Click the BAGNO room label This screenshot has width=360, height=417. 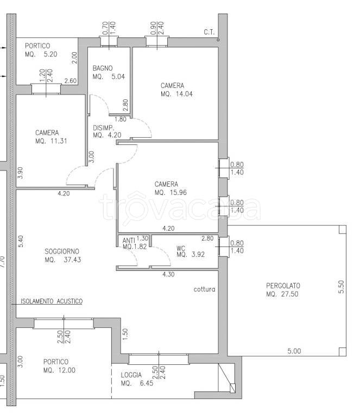pos(103,68)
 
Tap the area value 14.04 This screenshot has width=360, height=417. pos(184,94)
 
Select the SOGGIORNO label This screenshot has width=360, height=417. pos(62,251)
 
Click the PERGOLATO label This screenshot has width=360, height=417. pos(283,286)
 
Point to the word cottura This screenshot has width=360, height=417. pos(204,289)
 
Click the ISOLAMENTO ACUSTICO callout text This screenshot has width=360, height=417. pos(52,301)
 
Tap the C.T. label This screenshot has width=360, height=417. pos(209,32)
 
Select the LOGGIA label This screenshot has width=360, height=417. pos(131,375)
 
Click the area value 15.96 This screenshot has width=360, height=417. pos(178,192)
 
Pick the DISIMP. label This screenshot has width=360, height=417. pos(103,128)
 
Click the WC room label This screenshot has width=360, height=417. pos(181,248)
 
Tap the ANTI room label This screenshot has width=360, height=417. pos(129,241)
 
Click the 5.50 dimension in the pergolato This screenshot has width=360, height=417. pos(342,287)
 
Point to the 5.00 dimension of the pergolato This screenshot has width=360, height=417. pos(294,351)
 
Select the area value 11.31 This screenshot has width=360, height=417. pos(59,141)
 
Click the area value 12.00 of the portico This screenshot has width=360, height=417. pos(67,370)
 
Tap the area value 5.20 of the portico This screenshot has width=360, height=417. pos(50,54)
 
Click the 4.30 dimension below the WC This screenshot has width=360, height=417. pos(168,274)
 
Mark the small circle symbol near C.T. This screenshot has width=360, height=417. pos(218,40)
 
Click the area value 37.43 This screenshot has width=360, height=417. pos(72,260)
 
